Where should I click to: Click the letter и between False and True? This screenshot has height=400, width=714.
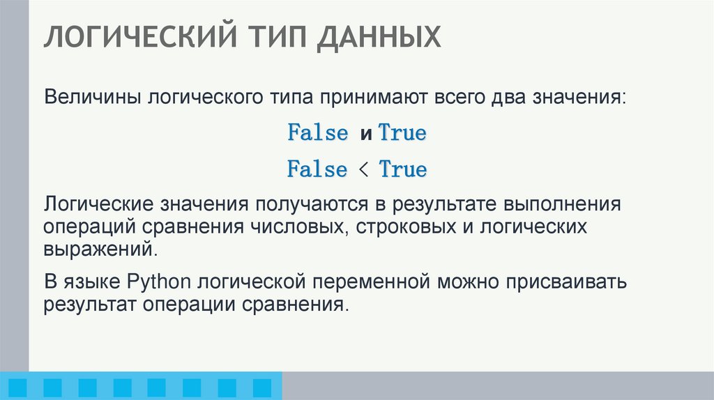[x=365, y=134]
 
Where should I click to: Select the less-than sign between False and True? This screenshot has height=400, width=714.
[x=363, y=169]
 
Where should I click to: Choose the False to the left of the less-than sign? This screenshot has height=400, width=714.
[x=317, y=169]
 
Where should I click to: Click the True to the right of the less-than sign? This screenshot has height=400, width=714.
[x=402, y=169]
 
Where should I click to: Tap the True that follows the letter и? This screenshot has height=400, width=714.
[x=402, y=133]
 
